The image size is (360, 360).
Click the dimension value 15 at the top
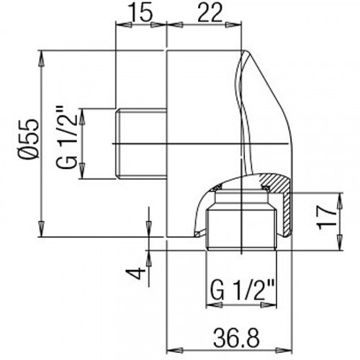coord(140,12)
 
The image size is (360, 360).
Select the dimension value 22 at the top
coord(204,12)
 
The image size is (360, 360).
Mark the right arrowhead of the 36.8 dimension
coord(289,317)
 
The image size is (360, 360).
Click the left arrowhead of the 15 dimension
coord(120,29)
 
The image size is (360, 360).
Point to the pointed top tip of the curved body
coord(243,53)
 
